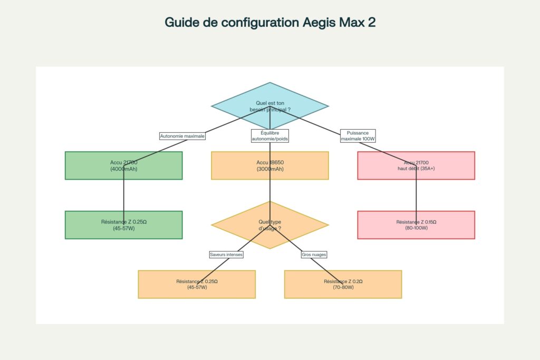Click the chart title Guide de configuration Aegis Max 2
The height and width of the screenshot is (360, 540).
coord(270,23)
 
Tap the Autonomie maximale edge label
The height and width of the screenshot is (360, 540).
coord(182,136)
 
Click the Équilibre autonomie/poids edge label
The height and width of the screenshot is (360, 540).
coord(270,136)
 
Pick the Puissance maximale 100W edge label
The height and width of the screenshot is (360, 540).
coord(358,136)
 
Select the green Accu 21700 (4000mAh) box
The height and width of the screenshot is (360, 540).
coord(123,166)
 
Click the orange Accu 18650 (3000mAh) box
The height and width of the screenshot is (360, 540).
coord(270,166)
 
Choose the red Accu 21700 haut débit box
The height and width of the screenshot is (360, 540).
coord(416,166)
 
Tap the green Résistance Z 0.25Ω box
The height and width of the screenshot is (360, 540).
coord(123,225)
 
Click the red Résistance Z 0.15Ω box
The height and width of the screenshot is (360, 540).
coord(416,225)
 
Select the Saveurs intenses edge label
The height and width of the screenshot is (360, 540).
coord(226,255)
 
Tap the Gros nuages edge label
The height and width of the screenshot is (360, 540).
coord(314,255)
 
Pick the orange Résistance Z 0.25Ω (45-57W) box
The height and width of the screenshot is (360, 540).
coord(197,285)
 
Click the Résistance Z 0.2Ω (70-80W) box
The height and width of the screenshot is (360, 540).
coord(343,285)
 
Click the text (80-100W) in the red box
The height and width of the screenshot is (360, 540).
coord(416,229)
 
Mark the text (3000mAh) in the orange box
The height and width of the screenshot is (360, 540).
coord(270,169)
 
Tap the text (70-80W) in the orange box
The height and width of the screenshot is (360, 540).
coord(343,288)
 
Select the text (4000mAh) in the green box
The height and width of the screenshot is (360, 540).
coord(123,169)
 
